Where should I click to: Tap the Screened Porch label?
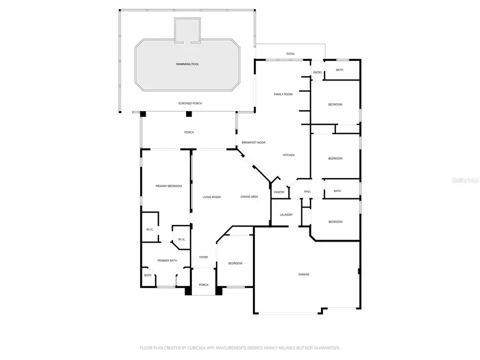point(190,103)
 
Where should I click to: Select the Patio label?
point(290,54)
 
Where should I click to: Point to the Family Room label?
point(283,94)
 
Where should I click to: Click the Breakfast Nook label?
point(253,142)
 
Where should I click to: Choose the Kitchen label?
point(289,155)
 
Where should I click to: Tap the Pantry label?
point(279,192)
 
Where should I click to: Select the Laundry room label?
point(286,215)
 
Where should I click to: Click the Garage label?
point(303,274)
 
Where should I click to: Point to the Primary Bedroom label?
point(169,186)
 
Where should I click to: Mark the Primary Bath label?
point(167,260)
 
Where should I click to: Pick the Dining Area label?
point(249,197)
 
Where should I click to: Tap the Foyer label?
point(204,257)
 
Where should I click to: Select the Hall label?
point(307,191)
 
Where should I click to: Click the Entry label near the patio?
point(317,73)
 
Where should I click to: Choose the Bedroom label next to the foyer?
point(235,263)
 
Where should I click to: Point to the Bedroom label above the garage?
point(335,222)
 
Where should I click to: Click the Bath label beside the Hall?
point(337,191)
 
